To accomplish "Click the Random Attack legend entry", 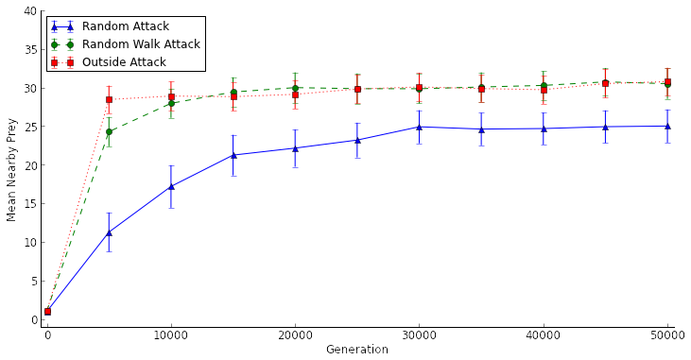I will pos(125,27).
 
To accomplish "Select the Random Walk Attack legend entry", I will pos(140,44).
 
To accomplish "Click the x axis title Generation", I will pos(356,351).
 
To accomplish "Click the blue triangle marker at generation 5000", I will pos(109,232).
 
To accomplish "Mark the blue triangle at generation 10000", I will pos(171,186).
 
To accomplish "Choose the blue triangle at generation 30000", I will pos(419,127).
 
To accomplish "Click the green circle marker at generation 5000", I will pos(109,131).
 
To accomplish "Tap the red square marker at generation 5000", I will pos(109,99).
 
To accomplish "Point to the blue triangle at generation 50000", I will pos(667,126).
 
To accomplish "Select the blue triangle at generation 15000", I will pos(233,155).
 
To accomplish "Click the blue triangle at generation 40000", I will pos(544,129).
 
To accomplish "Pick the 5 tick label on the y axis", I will pos(35,282).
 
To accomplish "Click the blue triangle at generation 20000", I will pos(295,148).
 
